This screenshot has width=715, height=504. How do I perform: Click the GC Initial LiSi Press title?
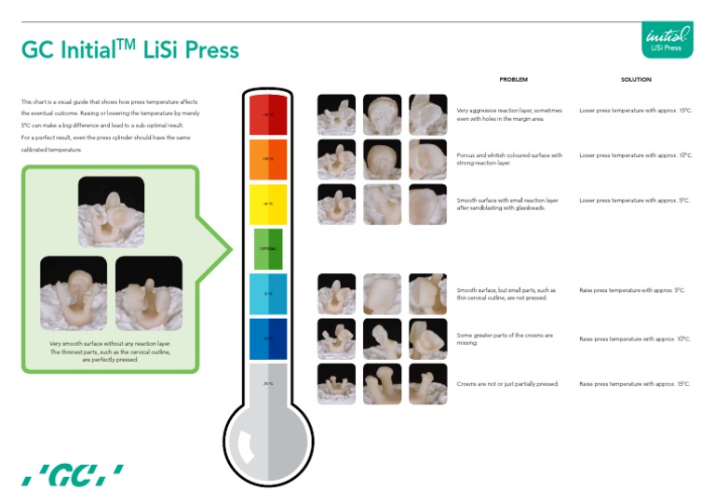(x=130, y=49)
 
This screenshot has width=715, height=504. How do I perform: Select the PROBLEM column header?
(x=513, y=80)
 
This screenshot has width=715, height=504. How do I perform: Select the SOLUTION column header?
(x=636, y=80)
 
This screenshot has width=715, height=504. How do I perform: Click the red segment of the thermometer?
(x=268, y=114)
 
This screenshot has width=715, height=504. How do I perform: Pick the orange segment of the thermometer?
(x=268, y=159)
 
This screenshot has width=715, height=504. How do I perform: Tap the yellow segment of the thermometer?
(x=268, y=204)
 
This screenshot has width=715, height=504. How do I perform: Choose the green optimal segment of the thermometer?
(x=268, y=248)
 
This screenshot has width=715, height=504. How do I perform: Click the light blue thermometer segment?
(x=268, y=293)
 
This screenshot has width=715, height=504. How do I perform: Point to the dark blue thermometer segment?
(x=268, y=338)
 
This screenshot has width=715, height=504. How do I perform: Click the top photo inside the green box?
(x=111, y=210)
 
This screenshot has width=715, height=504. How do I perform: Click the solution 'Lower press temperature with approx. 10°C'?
(x=635, y=155)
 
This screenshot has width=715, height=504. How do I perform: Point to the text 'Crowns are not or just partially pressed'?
(x=507, y=383)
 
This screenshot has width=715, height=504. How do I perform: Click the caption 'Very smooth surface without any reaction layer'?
(x=110, y=343)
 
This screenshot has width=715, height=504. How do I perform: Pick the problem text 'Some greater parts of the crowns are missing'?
(x=505, y=338)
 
